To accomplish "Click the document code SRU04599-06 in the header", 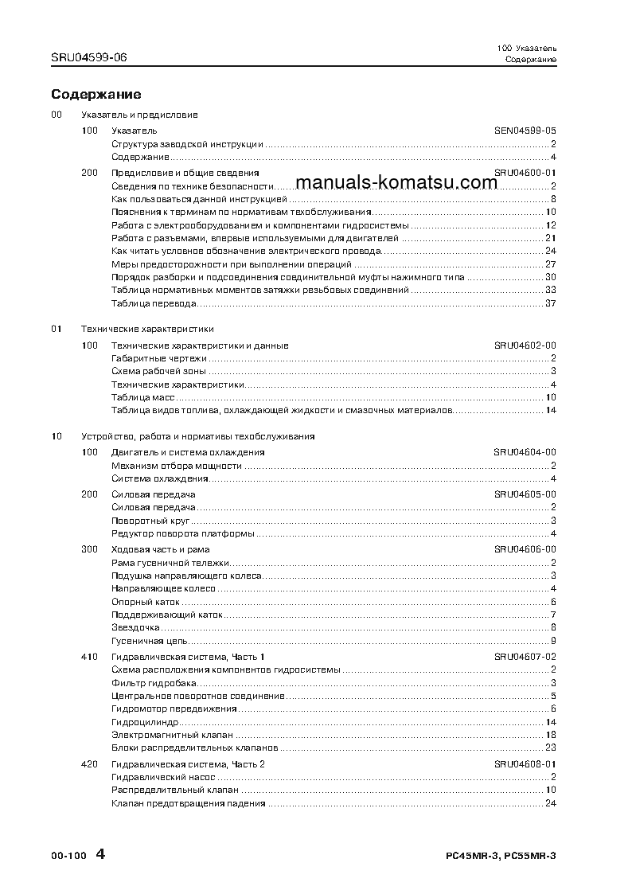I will pos(88,57).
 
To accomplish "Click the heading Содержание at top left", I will pos(96,95).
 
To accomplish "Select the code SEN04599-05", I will pos(525,131).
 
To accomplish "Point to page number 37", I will pos(550,303).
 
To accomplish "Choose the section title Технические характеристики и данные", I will pos(200,345).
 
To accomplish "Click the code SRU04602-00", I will pos(525,345).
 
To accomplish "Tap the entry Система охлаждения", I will pos(159,478).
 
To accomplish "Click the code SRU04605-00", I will pos(525,494).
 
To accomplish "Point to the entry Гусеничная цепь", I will pos(149,641).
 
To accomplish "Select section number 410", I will pos(89,657).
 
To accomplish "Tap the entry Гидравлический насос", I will pos(163,777).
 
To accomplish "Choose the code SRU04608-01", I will pos(525,764).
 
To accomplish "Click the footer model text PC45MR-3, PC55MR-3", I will pos(501,856).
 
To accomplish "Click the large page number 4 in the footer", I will pos(100,854).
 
